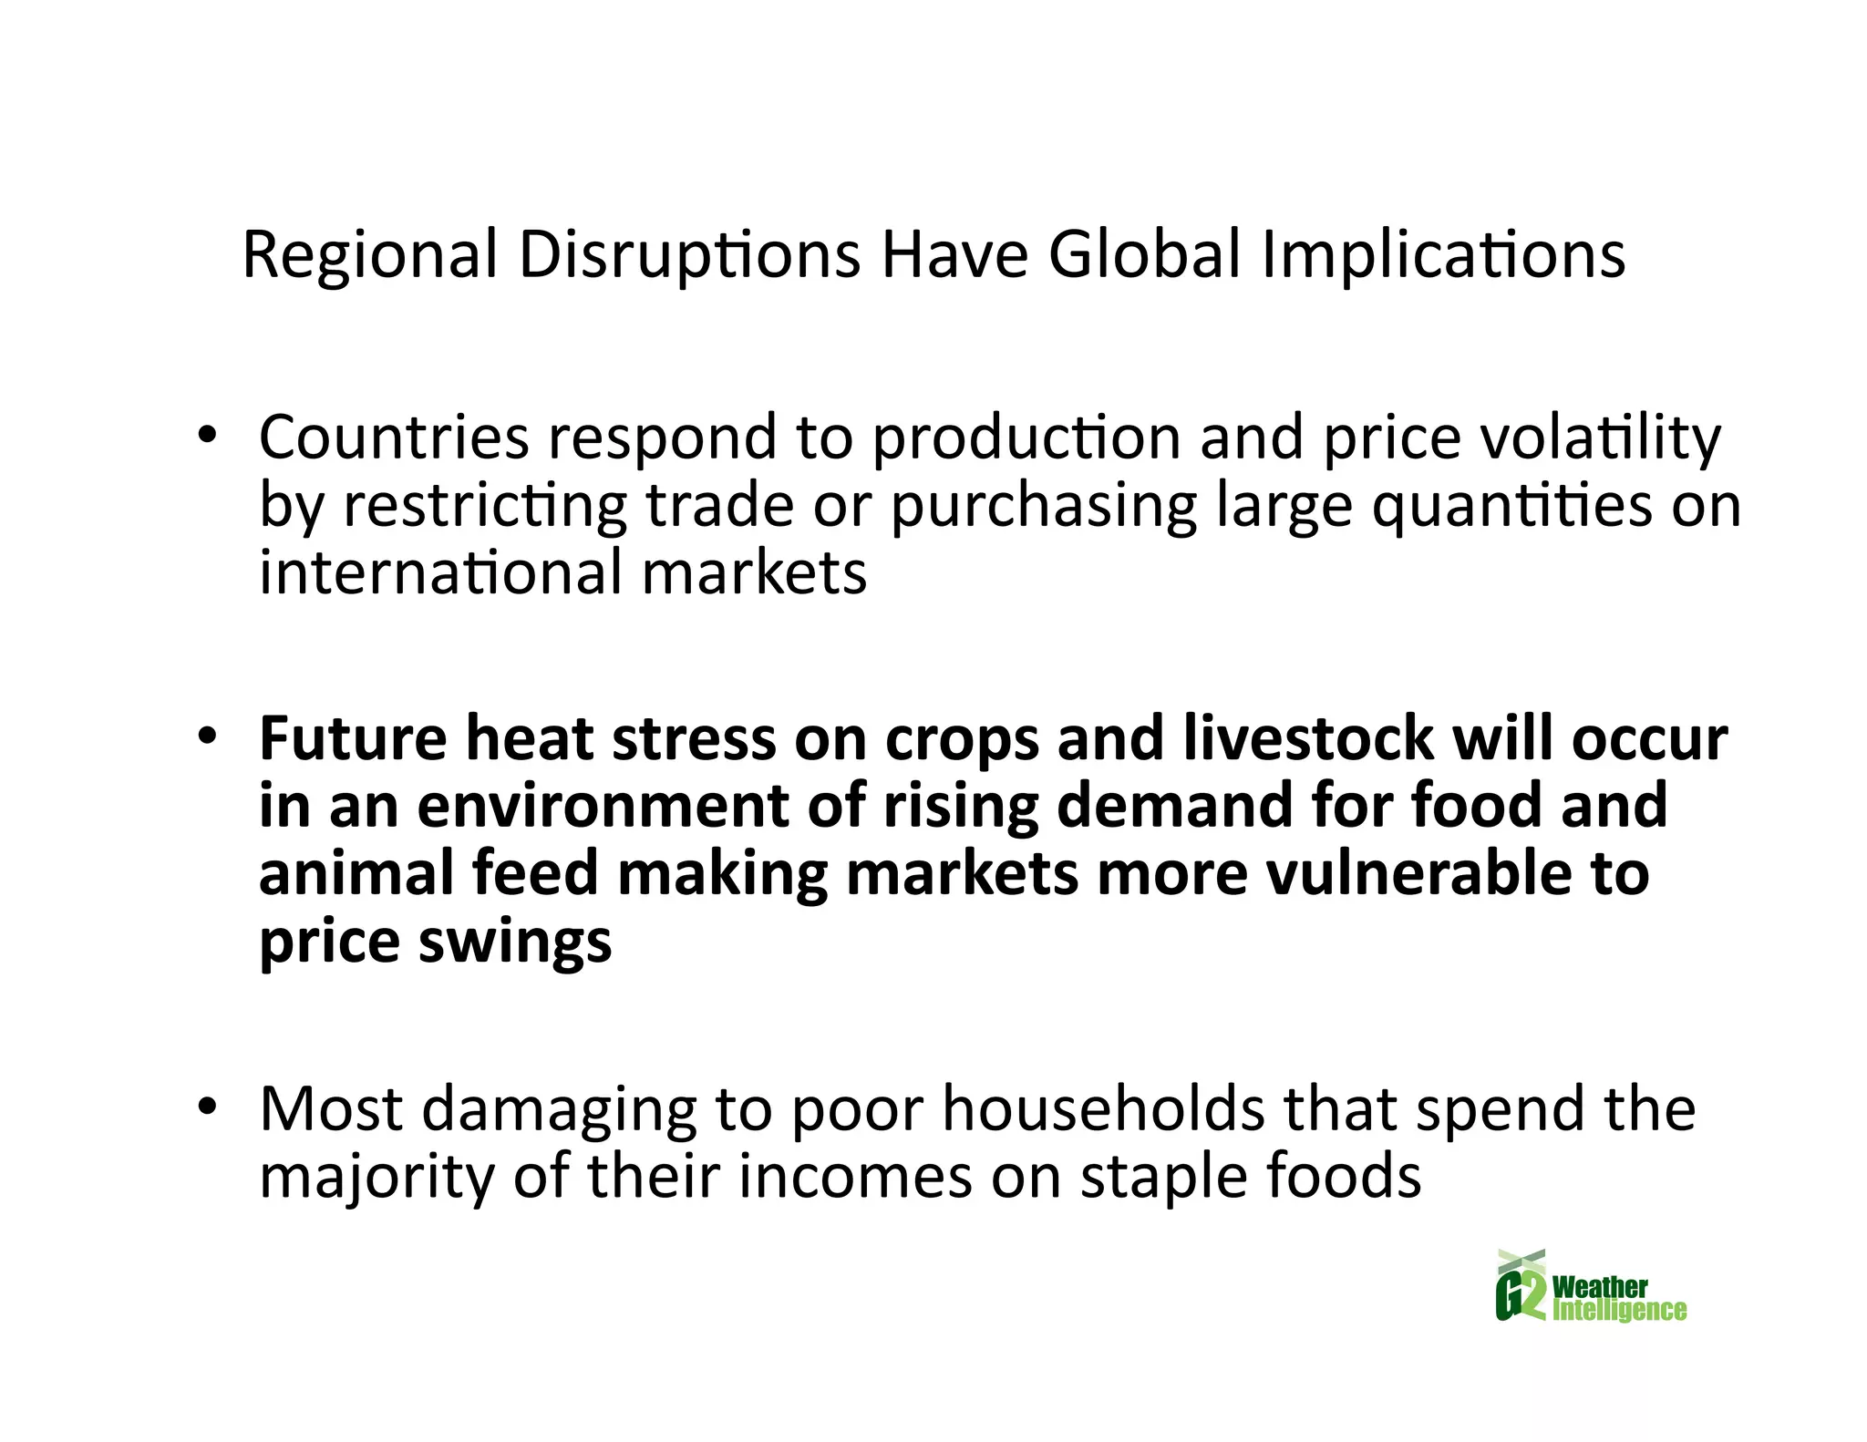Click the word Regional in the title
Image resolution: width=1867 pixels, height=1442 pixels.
click(x=370, y=255)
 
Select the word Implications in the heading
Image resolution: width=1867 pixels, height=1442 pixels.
click(x=1443, y=255)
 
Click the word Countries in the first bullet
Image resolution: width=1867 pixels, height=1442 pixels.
click(x=394, y=438)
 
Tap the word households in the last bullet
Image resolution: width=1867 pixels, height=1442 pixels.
click(x=1103, y=1109)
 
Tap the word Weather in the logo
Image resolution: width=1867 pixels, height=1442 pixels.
click(x=1599, y=1288)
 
